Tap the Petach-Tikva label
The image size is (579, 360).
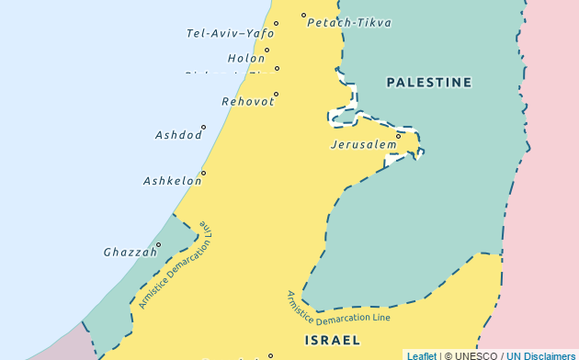[x=348, y=23]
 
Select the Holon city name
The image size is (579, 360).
[x=246, y=58]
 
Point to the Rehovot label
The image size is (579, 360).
[x=247, y=101]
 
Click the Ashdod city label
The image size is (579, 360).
[x=178, y=135]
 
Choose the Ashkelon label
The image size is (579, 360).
[x=172, y=181]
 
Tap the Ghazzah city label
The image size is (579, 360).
[x=128, y=252]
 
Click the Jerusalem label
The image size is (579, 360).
[x=363, y=145]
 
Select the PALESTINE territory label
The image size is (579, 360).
[x=429, y=83]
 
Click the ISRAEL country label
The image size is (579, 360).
[x=332, y=340]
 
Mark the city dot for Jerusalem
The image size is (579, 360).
[x=398, y=136]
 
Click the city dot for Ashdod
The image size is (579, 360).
[x=203, y=127]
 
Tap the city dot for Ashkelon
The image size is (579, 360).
[x=203, y=173]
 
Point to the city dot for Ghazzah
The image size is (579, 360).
[x=158, y=244]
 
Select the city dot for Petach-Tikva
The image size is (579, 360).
[x=303, y=15]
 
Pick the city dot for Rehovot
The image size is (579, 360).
[x=276, y=94]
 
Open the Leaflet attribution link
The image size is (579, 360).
[x=422, y=354]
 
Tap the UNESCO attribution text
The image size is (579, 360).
[x=474, y=354]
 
